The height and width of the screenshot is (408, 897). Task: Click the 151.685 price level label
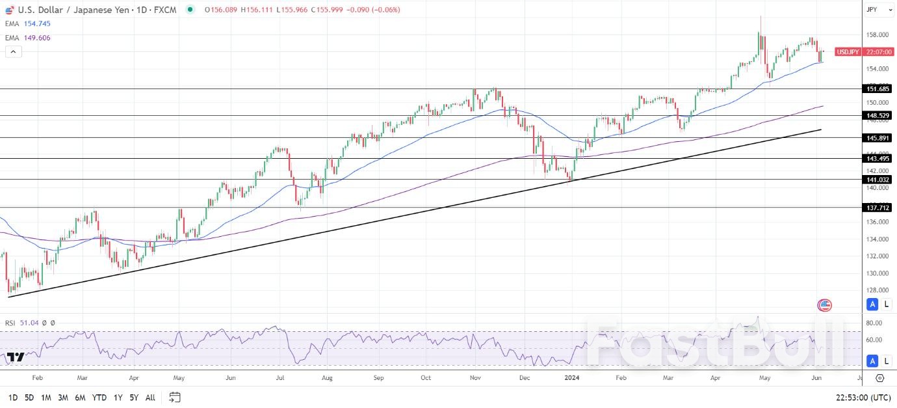click(x=878, y=88)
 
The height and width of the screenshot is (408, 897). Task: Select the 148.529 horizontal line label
click(x=878, y=116)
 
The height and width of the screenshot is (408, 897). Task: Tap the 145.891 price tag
click(x=878, y=138)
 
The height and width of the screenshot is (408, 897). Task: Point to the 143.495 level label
click(x=878, y=158)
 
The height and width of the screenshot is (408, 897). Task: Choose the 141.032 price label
click(x=878, y=180)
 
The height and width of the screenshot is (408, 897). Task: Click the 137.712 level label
click(x=878, y=208)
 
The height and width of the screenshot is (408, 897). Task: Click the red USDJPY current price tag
click(x=864, y=52)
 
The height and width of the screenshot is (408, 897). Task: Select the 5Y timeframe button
click(x=133, y=397)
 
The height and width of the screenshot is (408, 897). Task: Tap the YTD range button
click(x=99, y=397)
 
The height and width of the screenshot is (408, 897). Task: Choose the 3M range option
click(x=63, y=397)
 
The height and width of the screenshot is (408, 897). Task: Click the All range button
click(x=150, y=397)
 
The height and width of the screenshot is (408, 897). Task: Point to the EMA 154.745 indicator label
click(x=28, y=23)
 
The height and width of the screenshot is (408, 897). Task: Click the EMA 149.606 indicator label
click(x=28, y=38)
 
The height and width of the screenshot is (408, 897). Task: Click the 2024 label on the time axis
click(x=571, y=377)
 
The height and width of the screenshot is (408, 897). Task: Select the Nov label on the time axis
click(x=475, y=377)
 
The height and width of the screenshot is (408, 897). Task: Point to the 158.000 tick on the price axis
click(x=877, y=35)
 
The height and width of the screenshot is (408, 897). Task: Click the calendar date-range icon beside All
click(x=174, y=397)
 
